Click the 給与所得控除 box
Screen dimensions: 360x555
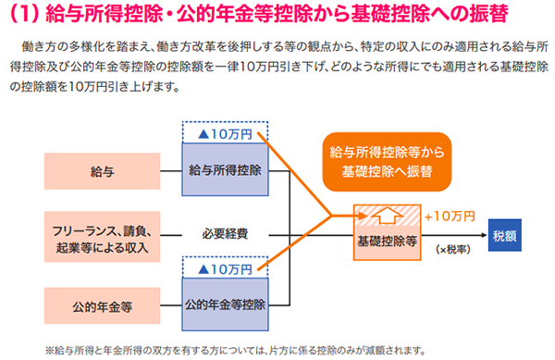click(225, 171)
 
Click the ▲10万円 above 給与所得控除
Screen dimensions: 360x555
click(225, 134)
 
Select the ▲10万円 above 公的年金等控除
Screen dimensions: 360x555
click(225, 268)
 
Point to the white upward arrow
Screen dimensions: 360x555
click(387, 216)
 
